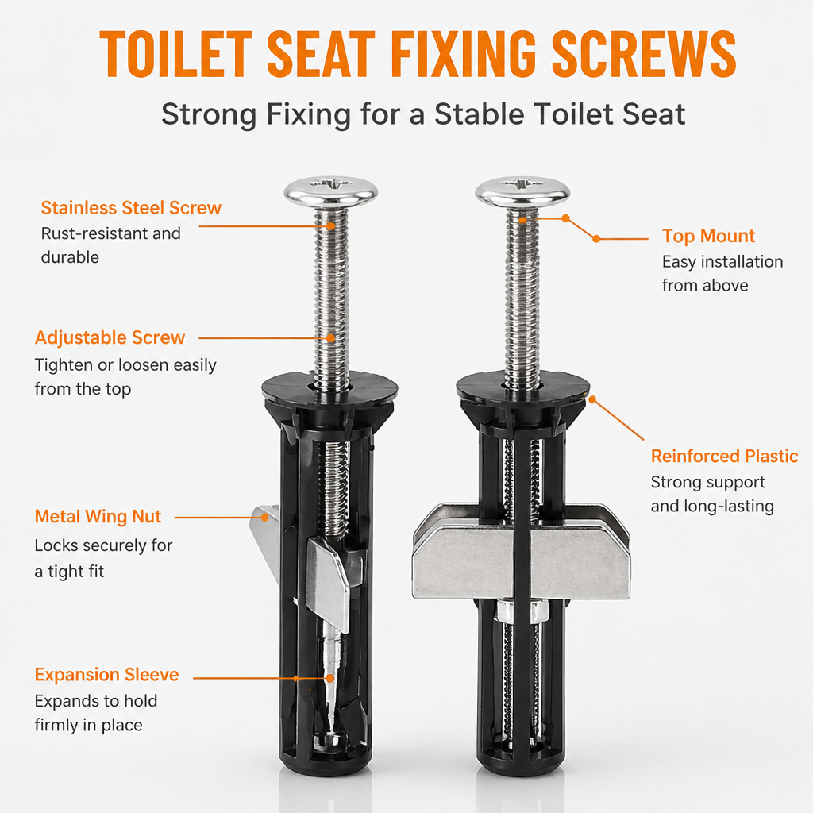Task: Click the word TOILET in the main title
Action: click(175, 54)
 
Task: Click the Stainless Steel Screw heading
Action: click(131, 208)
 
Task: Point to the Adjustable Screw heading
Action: click(110, 337)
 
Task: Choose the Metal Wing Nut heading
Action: click(98, 516)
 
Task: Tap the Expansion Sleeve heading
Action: click(107, 675)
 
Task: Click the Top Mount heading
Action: click(708, 236)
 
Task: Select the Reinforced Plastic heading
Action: click(724, 456)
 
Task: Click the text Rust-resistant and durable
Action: click(111, 245)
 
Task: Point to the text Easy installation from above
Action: click(722, 273)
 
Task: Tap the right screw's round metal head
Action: click(522, 191)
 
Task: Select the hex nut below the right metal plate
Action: click(521, 612)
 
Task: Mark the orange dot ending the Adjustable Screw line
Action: click(331, 338)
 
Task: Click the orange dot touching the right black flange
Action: click(592, 400)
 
